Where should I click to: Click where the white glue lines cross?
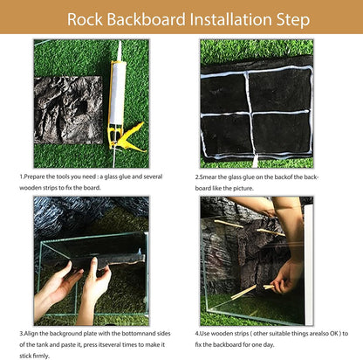click(x=243, y=109)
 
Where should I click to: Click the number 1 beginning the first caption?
click(x=22, y=177)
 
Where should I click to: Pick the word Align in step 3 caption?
click(x=38, y=333)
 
